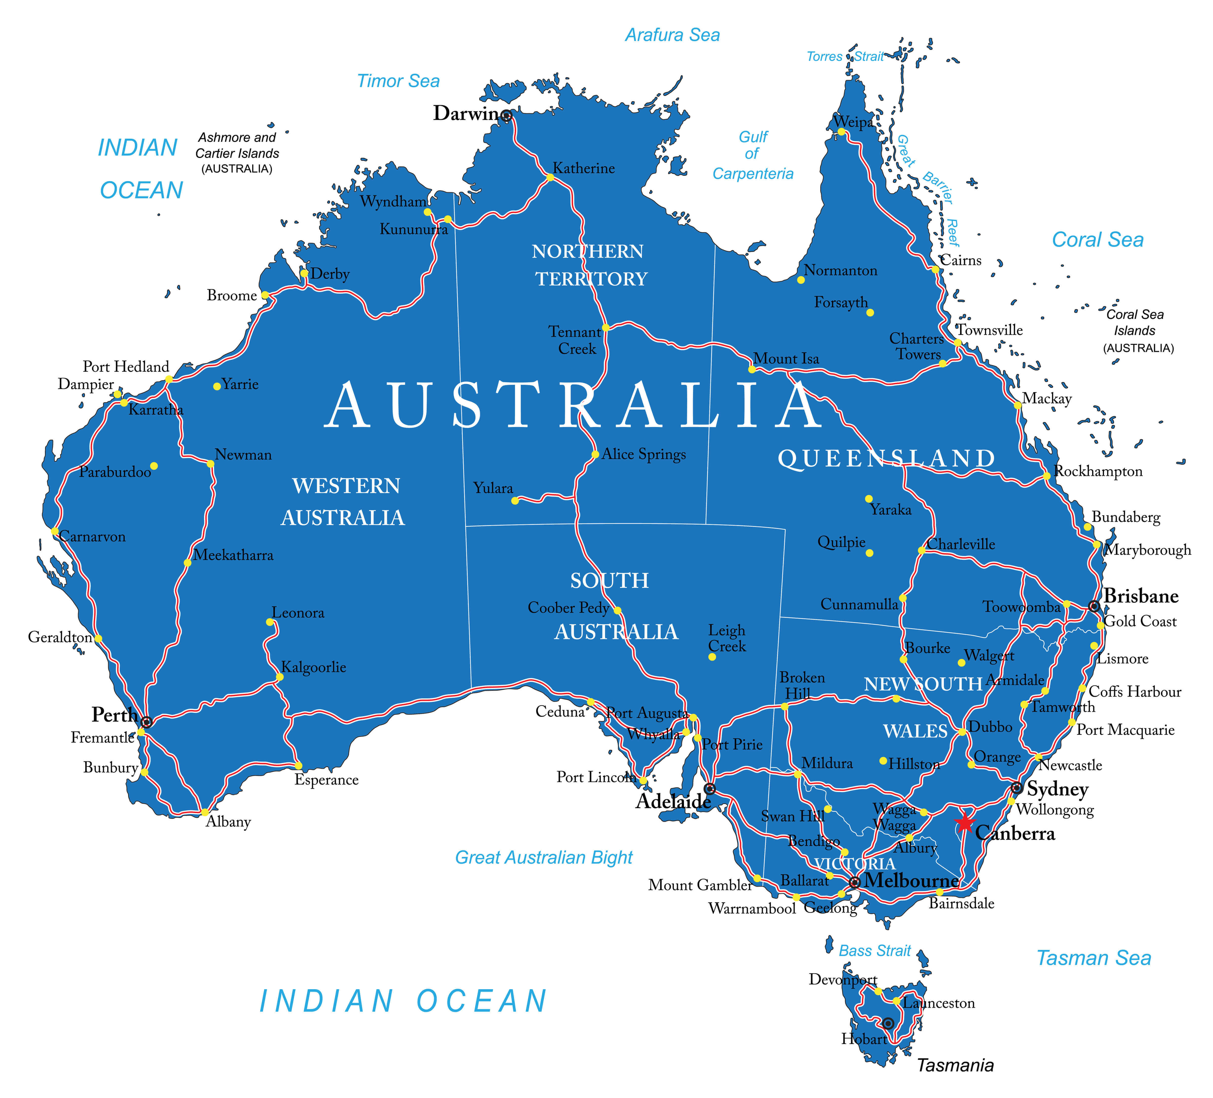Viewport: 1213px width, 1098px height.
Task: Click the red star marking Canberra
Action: click(965, 822)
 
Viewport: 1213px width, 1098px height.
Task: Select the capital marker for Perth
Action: click(146, 722)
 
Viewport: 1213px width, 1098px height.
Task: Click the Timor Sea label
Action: click(398, 81)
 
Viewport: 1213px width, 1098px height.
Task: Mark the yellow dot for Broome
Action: click(265, 295)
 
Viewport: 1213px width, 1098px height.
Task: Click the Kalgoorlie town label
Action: click(314, 667)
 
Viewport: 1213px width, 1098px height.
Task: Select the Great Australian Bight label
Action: click(543, 857)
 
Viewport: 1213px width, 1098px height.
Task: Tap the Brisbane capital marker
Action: click(1094, 606)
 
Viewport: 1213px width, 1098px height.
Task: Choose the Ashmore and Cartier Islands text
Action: click(237, 153)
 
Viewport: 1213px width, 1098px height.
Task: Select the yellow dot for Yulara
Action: click(515, 500)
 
